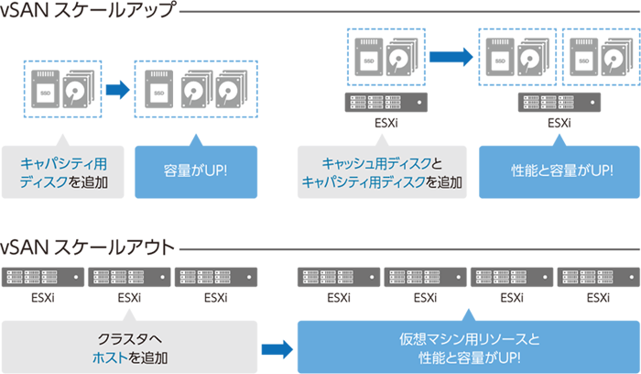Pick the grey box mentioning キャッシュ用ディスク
click(379, 171)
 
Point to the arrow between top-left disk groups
click(117, 90)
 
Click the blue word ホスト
click(108, 355)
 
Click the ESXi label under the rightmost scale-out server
click(598, 297)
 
